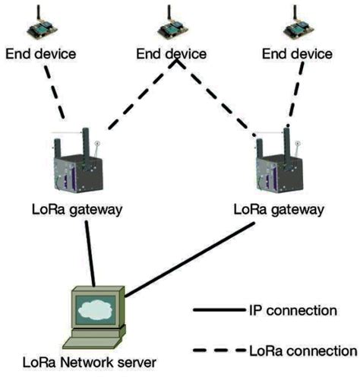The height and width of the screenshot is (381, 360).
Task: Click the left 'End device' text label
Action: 41,55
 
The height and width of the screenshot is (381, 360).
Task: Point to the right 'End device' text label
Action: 296,55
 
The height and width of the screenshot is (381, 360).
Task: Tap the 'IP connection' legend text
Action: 292,311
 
